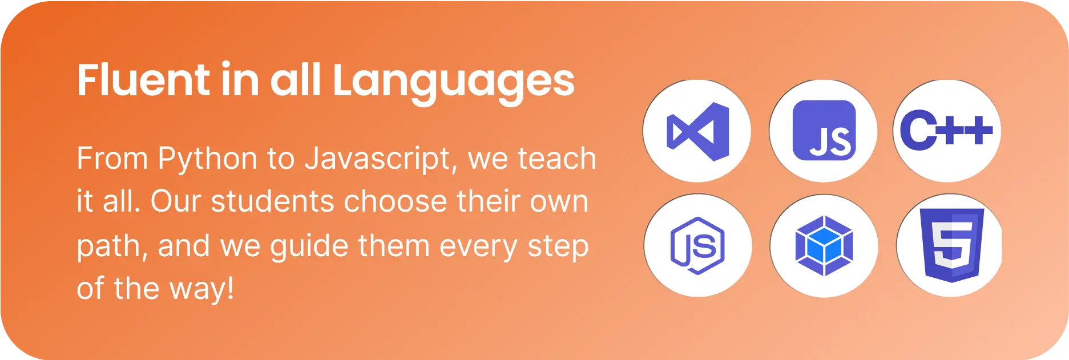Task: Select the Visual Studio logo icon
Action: tap(698, 131)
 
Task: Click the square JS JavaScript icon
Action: tap(824, 131)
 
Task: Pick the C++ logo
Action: tap(946, 131)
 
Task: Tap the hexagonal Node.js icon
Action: tap(697, 245)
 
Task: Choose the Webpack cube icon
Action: tap(824, 245)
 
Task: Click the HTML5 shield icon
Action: tap(952, 245)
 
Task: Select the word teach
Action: tap(556, 159)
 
